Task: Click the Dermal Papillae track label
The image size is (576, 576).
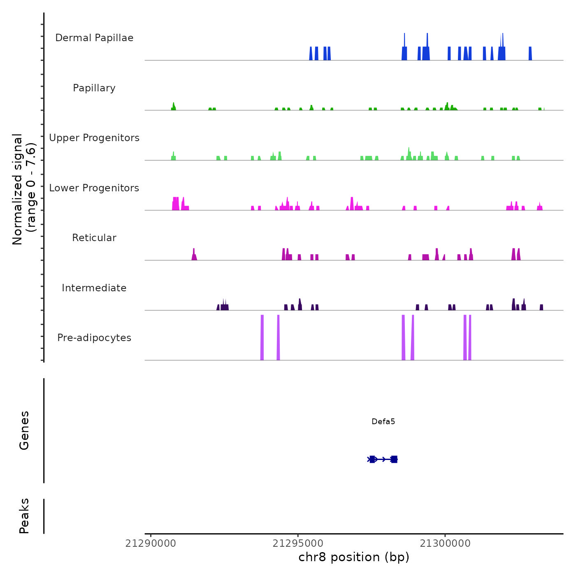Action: (x=94, y=38)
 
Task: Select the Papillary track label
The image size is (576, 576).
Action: (x=94, y=88)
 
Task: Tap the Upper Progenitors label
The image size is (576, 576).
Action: (x=94, y=138)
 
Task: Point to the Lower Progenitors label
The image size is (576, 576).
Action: (x=94, y=188)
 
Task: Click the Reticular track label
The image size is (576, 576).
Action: (x=94, y=238)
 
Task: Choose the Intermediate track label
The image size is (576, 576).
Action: (x=94, y=288)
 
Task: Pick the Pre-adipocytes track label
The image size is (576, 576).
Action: (x=94, y=338)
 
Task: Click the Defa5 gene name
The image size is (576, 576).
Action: (x=383, y=421)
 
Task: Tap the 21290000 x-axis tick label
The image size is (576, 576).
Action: (x=151, y=543)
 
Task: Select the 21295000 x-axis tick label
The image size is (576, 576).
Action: (x=298, y=543)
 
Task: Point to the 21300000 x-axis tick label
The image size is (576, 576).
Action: (x=445, y=543)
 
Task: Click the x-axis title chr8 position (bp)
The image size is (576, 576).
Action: (x=354, y=557)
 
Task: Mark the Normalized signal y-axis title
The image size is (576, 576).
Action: (x=24, y=189)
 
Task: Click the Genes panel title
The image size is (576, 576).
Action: (x=24, y=430)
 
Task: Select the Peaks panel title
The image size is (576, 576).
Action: (x=24, y=516)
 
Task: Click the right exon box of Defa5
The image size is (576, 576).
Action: (x=394, y=459)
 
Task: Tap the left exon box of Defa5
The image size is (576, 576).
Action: (x=372, y=459)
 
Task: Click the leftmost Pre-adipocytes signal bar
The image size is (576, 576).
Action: (x=262, y=337)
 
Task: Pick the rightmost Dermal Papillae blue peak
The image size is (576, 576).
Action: (x=530, y=54)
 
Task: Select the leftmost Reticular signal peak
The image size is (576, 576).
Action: (x=194, y=255)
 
